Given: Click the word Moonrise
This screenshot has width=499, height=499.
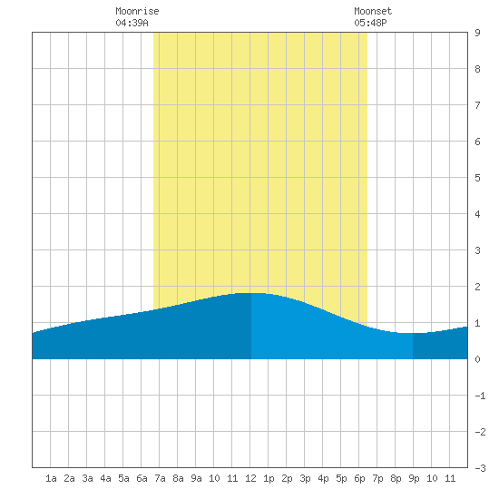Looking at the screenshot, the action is (x=137, y=11).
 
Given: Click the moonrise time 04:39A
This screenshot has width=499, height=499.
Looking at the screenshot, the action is (x=132, y=23).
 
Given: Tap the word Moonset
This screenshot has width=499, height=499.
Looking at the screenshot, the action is (x=373, y=11).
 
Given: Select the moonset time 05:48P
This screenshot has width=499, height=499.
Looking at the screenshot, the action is (x=370, y=23).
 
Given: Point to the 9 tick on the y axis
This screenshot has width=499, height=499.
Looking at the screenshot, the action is (x=477, y=33).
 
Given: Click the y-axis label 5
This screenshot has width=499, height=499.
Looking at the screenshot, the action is (x=477, y=178).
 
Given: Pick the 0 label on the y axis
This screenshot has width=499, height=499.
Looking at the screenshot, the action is (x=477, y=359).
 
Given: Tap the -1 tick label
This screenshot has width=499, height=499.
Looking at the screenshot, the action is (x=480, y=396).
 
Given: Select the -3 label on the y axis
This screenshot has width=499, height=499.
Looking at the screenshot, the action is (x=480, y=468).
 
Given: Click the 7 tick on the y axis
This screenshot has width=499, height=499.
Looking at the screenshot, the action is (x=477, y=105).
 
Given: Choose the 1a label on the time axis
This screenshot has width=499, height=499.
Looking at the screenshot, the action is (x=51, y=478).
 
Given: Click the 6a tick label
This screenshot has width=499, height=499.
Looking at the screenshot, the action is (x=142, y=478).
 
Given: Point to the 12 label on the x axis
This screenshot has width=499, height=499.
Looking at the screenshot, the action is (x=250, y=478).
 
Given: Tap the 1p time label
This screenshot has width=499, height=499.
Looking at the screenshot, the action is (x=269, y=478).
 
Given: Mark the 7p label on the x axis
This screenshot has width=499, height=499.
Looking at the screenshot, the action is (x=377, y=478).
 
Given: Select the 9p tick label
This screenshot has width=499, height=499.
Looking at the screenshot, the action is (x=414, y=478).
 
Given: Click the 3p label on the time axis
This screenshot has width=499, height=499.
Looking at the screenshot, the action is (x=305, y=478).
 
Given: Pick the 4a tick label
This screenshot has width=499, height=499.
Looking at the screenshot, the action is (x=105, y=478).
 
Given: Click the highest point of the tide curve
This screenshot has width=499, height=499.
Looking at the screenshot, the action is (x=250, y=293).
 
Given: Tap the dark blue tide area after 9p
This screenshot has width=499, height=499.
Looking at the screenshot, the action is (x=440, y=346).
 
